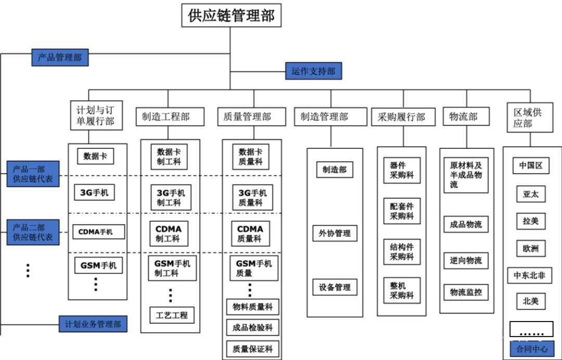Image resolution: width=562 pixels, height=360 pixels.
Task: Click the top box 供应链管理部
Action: (231, 15)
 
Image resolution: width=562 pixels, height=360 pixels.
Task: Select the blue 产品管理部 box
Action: (60, 57)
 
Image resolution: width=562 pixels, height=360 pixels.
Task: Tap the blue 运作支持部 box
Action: (313, 71)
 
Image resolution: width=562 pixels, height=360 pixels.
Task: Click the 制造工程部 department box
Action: (166, 117)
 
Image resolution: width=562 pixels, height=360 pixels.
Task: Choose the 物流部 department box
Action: (466, 117)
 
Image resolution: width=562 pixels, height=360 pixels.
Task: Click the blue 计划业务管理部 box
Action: (93, 324)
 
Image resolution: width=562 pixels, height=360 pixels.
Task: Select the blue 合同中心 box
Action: (531, 348)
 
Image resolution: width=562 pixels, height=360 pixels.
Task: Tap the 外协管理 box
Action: (335, 234)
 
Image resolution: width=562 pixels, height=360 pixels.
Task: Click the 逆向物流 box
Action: (466, 261)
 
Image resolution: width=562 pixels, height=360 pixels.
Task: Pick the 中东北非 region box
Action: (529, 275)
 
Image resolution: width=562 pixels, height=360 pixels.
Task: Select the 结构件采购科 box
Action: (401, 251)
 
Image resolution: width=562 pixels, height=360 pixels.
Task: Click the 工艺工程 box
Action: (172, 315)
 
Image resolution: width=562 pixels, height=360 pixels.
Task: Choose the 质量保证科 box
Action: (252, 349)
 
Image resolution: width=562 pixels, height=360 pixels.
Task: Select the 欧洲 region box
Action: (531, 249)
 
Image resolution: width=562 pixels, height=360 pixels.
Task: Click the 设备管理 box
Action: (335, 287)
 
